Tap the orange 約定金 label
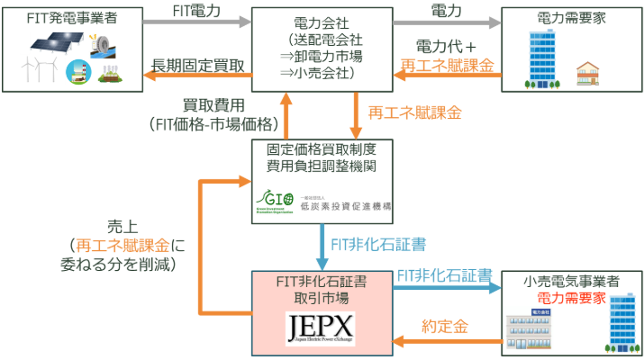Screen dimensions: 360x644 pyautogui.click(x=445, y=325)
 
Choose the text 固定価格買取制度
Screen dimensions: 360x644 pyautogui.click(x=322, y=149)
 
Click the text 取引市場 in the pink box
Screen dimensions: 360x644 pyautogui.click(x=322, y=296)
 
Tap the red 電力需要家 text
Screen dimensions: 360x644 pyautogui.click(x=572, y=297)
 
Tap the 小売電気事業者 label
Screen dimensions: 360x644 pyautogui.click(x=572, y=281)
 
